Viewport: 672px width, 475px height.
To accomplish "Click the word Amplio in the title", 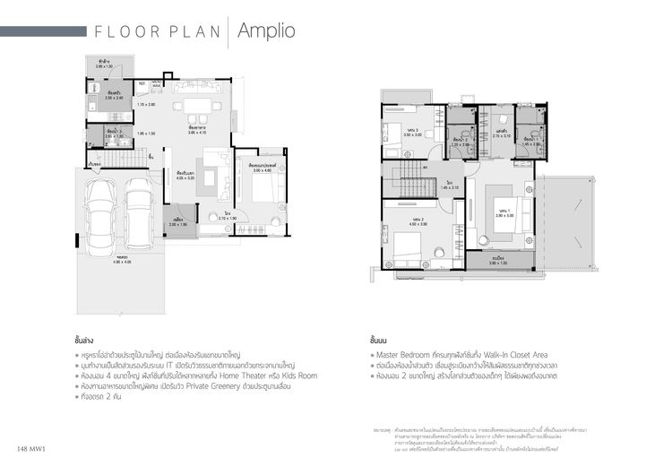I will tap(267, 31).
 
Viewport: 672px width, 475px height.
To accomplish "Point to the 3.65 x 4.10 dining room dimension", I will tap(197, 132).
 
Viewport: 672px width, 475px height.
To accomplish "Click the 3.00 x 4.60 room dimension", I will tap(262, 170).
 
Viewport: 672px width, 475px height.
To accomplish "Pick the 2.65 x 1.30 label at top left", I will tap(104, 66).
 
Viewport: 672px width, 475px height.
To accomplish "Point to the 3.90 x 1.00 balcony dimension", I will tap(497, 263).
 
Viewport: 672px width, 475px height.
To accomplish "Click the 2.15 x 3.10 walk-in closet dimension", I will tap(501, 136).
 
